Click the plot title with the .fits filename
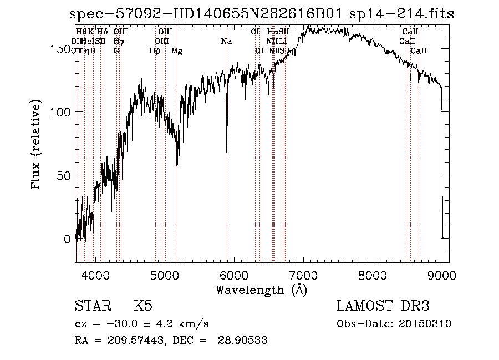[262, 14]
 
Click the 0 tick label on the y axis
[68, 239]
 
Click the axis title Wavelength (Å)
[261, 290]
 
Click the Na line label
[226, 42]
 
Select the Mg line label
[177, 51]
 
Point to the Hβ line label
[155, 51]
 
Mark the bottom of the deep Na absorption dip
[227, 151]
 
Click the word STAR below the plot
[93, 306]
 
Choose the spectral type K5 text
[143, 306]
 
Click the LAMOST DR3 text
[383, 306]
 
